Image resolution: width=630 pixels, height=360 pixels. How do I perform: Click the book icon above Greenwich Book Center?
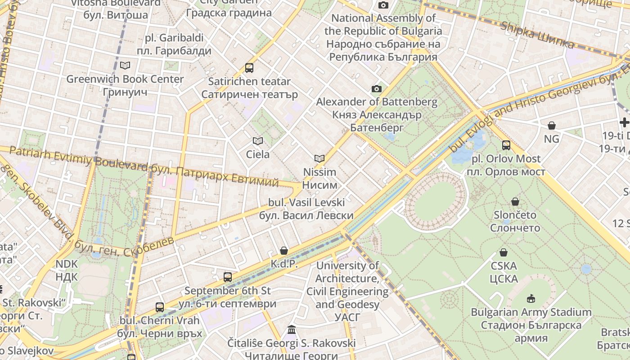(x=125, y=66)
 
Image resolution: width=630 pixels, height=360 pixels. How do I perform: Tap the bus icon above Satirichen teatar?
(x=249, y=68)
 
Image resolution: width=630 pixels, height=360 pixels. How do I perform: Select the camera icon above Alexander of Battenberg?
(x=377, y=89)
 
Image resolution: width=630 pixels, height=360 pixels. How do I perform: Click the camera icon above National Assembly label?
(x=383, y=5)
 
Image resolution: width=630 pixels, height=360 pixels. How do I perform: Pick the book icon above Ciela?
(x=258, y=141)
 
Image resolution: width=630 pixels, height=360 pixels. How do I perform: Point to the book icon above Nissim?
(x=319, y=158)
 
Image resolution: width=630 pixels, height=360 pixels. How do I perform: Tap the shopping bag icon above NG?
(x=551, y=126)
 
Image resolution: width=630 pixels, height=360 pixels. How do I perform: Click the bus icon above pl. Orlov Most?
(x=506, y=145)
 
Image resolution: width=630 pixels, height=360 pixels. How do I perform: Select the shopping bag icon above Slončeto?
(x=515, y=202)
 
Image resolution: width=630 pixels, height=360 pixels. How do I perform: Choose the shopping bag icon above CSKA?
(x=504, y=252)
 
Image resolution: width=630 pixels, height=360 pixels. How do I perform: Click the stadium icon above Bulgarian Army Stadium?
(x=531, y=298)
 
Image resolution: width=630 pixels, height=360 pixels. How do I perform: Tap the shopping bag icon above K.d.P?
(x=284, y=250)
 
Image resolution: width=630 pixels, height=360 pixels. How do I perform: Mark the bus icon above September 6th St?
(x=228, y=277)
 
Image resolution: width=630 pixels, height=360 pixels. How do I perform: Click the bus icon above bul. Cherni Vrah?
(x=160, y=307)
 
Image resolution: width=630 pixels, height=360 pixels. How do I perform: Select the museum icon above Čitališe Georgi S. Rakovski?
(x=292, y=330)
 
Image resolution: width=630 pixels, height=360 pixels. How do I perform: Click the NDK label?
(x=67, y=270)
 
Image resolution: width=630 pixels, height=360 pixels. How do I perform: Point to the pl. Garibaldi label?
(x=174, y=44)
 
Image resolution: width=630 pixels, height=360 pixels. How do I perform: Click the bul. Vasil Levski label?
(x=306, y=209)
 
